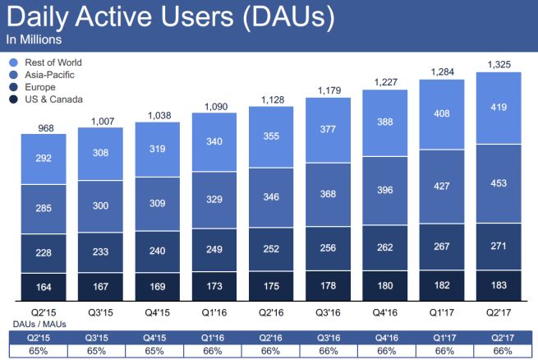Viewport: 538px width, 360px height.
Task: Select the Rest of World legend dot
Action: pos(11,62)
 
